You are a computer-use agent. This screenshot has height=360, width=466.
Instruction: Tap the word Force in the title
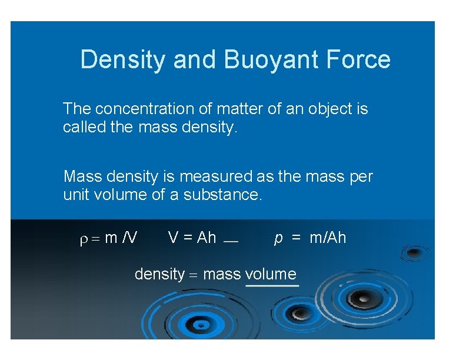point(358,60)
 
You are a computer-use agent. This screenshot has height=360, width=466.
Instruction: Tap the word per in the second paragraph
point(361,176)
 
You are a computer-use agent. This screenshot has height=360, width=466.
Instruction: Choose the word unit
point(76,195)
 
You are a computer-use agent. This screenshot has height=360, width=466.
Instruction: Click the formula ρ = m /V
point(109,238)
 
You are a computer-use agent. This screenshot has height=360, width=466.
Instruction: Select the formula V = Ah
point(192,238)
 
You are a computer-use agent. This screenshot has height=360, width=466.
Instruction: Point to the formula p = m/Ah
point(310,238)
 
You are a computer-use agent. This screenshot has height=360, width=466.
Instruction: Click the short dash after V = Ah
point(231,241)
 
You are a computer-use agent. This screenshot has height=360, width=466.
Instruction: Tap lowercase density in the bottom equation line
point(159,274)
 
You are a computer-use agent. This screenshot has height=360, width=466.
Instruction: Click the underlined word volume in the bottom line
point(271,274)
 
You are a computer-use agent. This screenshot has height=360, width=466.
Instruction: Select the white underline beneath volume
point(272,285)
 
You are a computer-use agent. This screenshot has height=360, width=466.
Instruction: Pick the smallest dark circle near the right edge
point(414,253)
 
